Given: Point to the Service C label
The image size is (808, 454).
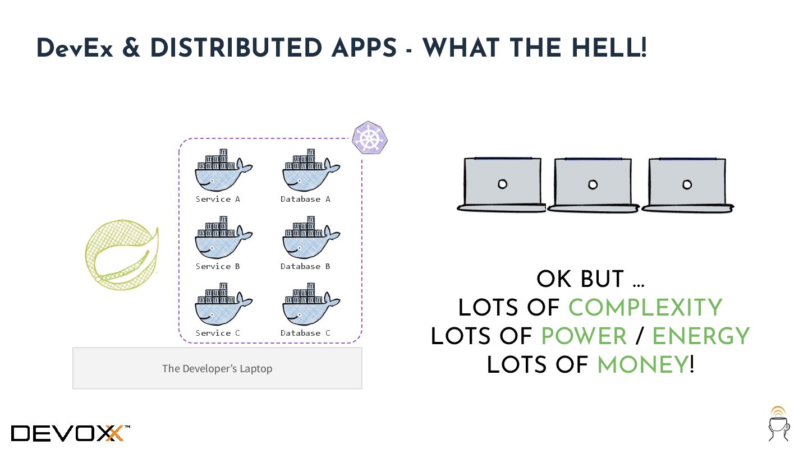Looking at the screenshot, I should tap(218, 333).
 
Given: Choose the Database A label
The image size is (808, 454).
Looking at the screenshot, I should tap(305, 199).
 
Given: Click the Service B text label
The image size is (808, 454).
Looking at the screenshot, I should tap(218, 266).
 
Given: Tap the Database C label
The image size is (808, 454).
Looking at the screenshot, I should tap(305, 333).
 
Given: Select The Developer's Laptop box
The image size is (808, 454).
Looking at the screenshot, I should tap(217, 368).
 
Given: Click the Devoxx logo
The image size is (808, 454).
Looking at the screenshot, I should tap(70, 433).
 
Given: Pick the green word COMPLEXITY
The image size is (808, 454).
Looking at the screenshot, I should tap(645, 308).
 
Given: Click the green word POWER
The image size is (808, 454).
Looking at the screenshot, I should tap(584, 336).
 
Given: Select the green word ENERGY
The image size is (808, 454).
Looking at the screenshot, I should tap(701, 336).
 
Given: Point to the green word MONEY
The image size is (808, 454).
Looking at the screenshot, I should tap(642, 365).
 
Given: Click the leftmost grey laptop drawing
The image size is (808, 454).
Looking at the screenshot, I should tap(502, 184).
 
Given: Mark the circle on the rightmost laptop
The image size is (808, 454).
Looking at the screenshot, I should tap(687, 184).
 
